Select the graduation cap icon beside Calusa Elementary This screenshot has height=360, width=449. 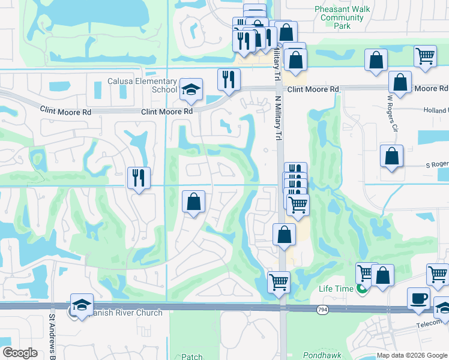coord(191,90)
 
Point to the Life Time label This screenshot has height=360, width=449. coord(336,289)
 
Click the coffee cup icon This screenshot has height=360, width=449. coord(418,298)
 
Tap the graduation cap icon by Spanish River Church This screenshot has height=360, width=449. coord(82,305)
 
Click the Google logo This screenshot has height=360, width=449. coord(20,353)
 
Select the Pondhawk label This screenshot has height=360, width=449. coord(317,355)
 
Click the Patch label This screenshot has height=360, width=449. coord(191,356)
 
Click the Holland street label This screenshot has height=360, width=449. coord(436,110)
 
